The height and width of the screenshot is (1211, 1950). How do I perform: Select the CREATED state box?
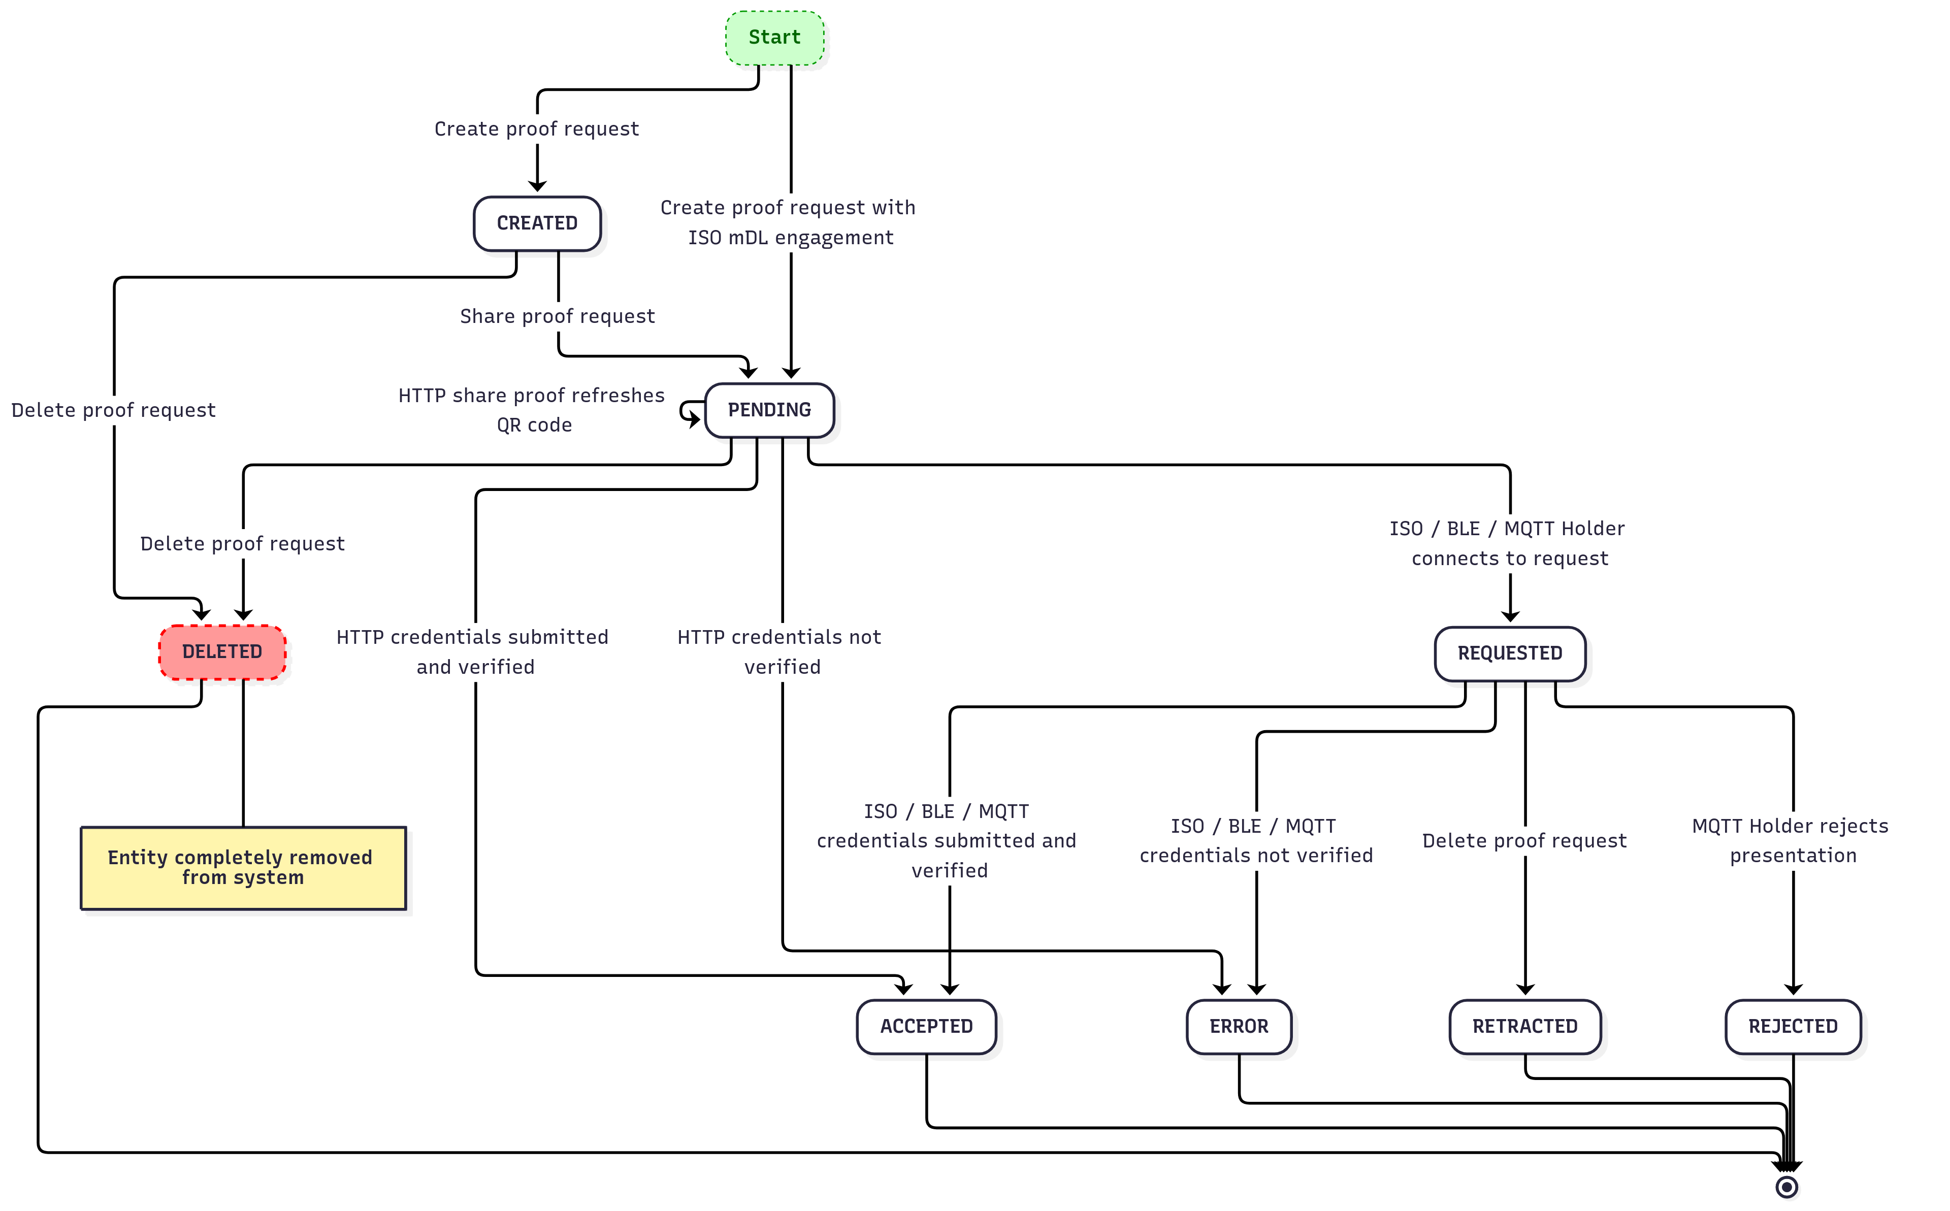(537, 223)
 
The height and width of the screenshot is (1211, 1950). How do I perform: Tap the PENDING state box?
(769, 410)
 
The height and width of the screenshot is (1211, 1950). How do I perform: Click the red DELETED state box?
(222, 652)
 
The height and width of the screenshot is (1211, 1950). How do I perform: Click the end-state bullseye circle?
(1786, 1187)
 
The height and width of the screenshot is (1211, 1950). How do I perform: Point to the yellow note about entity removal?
(243, 868)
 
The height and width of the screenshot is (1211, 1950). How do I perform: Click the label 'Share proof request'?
(558, 316)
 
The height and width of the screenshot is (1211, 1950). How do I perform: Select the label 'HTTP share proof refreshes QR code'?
(532, 410)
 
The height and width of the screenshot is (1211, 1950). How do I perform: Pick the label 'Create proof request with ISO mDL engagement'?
(789, 223)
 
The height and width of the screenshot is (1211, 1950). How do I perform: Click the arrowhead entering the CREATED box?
(537, 187)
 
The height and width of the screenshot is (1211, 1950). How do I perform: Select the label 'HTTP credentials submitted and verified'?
(473, 652)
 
